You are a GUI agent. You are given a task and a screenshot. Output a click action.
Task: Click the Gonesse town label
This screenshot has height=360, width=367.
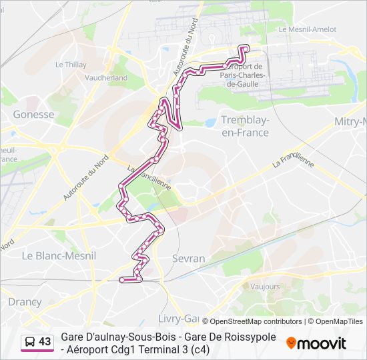(33, 114)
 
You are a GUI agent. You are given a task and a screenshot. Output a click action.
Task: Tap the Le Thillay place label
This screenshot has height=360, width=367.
(71, 65)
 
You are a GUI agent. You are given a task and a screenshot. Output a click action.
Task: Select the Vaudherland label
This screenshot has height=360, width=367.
(106, 77)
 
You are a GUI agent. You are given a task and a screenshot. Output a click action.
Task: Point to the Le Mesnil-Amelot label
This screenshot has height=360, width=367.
(308, 29)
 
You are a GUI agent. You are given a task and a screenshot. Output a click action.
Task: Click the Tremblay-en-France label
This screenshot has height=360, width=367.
(244, 126)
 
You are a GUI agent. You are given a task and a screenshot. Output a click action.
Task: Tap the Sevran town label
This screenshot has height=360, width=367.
(188, 258)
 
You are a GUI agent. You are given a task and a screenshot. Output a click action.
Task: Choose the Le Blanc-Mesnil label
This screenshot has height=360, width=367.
(59, 255)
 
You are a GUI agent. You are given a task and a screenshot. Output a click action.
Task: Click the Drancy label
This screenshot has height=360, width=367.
(25, 301)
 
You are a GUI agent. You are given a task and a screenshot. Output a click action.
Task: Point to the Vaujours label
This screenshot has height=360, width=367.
(266, 286)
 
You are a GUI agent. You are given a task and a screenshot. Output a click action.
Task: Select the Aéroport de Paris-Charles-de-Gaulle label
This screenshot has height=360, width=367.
(244, 75)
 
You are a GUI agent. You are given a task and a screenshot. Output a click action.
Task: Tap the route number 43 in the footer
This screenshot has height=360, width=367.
(45, 342)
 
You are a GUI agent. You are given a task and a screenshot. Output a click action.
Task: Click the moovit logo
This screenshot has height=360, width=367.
(316, 343)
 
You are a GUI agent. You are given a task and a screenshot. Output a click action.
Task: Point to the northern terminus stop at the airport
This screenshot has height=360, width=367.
(246, 47)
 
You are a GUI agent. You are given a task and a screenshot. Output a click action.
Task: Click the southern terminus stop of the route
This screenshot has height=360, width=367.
(122, 280)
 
